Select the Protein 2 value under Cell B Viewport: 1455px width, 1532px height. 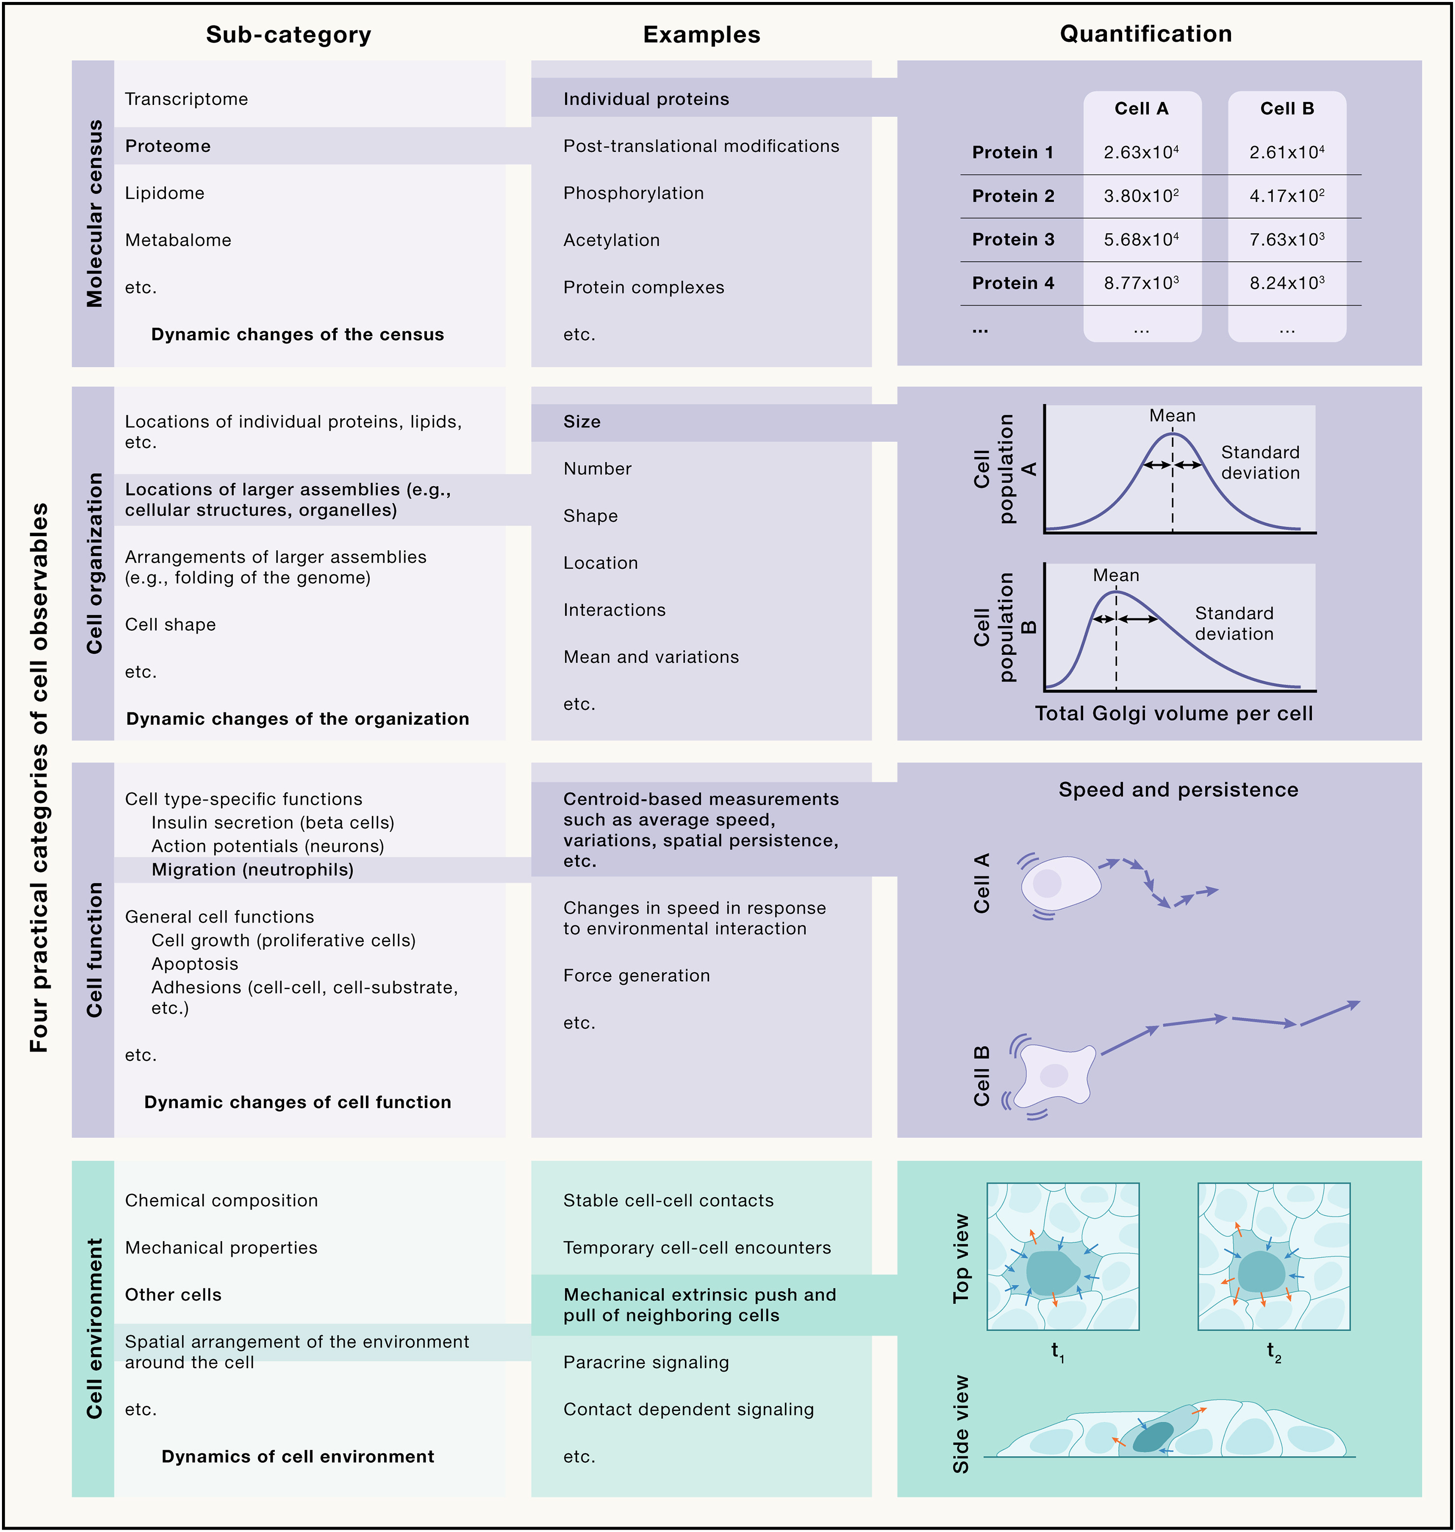coord(1287,196)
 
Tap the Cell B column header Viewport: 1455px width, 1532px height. coord(1287,108)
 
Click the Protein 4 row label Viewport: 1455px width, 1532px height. coord(1013,283)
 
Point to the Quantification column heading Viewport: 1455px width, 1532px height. coord(1146,34)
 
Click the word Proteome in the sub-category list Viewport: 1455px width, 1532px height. coord(167,146)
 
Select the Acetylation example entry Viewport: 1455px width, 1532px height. coord(611,240)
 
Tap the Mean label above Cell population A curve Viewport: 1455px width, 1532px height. coord(1172,415)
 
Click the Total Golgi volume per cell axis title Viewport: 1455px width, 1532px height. coord(1173,713)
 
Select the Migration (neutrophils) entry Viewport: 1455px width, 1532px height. coord(252,870)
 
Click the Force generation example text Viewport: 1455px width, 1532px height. coord(636,975)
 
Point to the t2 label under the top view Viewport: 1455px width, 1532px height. coord(1273,1351)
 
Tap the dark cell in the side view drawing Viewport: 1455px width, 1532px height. coord(1153,1436)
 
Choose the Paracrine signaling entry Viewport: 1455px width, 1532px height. coord(646,1362)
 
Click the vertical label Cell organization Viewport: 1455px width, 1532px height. coord(94,563)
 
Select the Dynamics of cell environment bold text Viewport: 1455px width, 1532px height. coord(298,1456)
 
